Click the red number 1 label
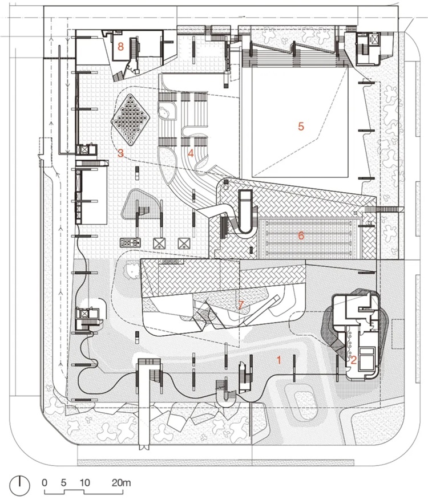[279, 360]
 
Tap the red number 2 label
[353, 360]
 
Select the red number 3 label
[120, 153]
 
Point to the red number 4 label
[191, 153]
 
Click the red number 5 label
[301, 127]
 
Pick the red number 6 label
[301, 235]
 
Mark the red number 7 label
[240, 305]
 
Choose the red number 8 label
[120, 47]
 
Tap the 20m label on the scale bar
[122, 482]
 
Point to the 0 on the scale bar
[45, 482]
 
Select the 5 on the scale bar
[63, 482]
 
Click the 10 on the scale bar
[84, 482]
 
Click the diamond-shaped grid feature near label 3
[130, 120]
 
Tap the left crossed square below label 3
[159, 243]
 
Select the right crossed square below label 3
[183, 243]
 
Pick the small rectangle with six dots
[130, 243]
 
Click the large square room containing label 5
[300, 121]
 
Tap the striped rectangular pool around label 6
[309, 238]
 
